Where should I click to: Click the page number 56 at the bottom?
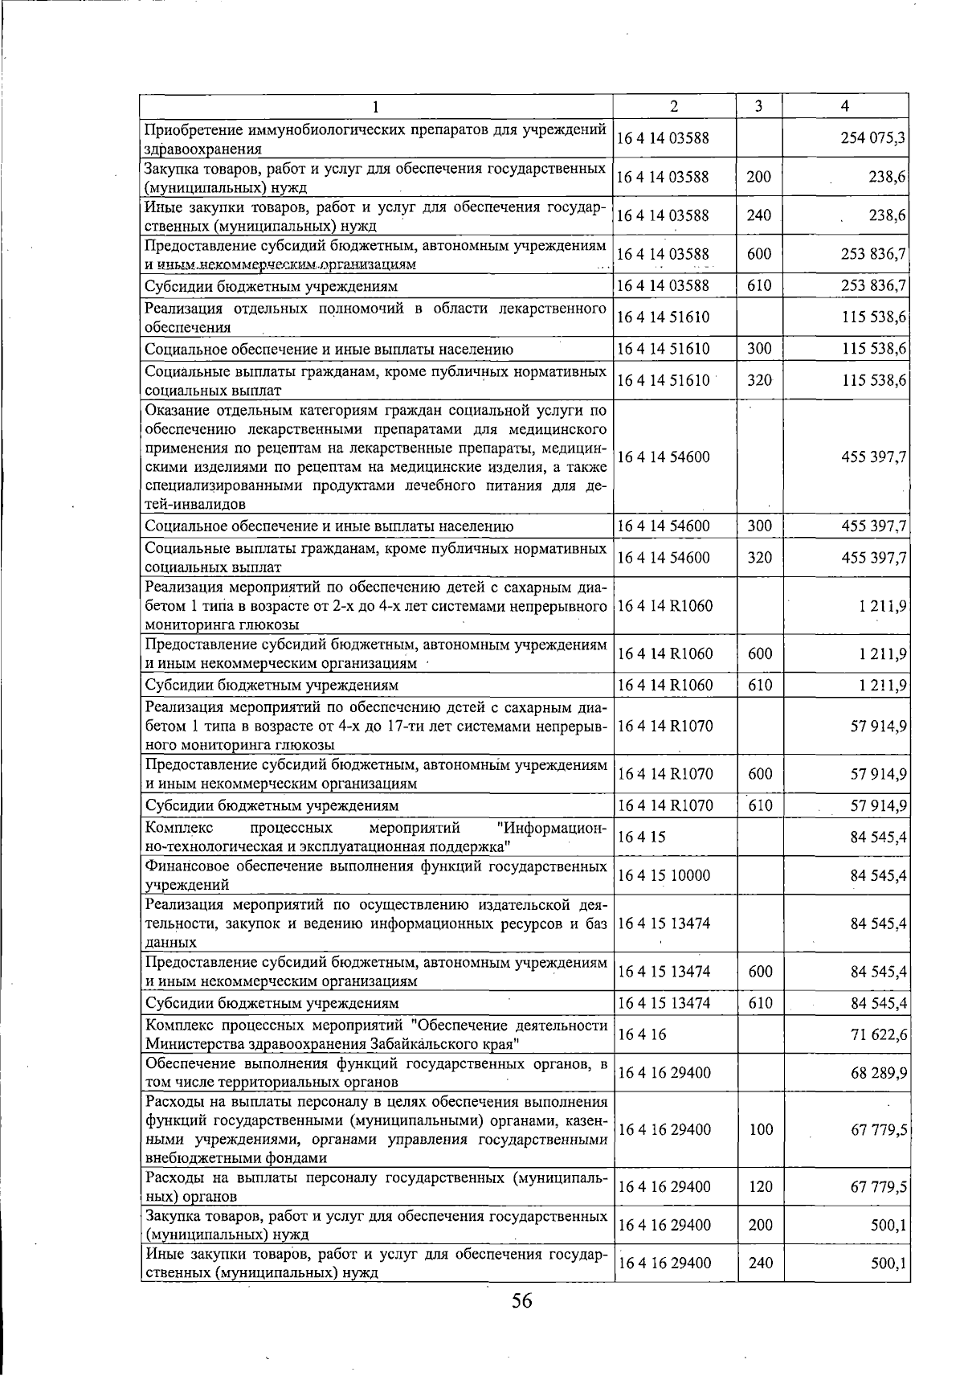(521, 1301)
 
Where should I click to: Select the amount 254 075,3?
(873, 138)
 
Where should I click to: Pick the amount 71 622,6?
(879, 1034)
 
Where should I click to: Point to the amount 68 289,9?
(879, 1073)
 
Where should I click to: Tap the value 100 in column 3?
(760, 1129)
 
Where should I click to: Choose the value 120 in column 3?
(760, 1186)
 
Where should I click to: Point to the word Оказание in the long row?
(176, 411)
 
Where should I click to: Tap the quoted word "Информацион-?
(552, 828)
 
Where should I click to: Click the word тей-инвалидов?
(195, 504)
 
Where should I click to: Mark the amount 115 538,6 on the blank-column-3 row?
(874, 317)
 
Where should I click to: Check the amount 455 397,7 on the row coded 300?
(874, 526)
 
